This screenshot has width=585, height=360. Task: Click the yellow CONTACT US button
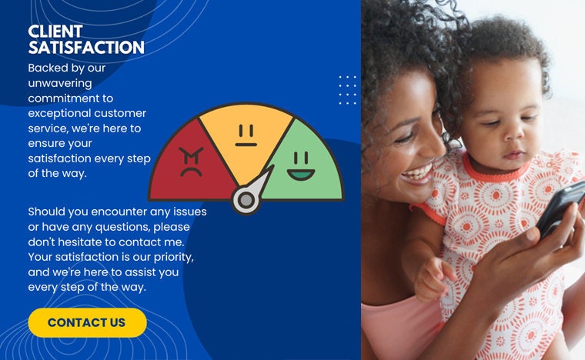(87, 322)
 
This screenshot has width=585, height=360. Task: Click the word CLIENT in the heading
(55, 32)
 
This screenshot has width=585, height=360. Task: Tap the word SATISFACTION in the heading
(86, 48)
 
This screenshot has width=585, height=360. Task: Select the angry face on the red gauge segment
(191, 162)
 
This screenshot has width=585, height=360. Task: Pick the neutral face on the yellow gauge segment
(246, 135)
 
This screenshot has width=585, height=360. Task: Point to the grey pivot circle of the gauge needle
(246, 200)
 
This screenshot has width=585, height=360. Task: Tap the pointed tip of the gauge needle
(272, 166)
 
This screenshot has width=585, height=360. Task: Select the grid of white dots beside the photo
(348, 90)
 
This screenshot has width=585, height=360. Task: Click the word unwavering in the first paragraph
(60, 83)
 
